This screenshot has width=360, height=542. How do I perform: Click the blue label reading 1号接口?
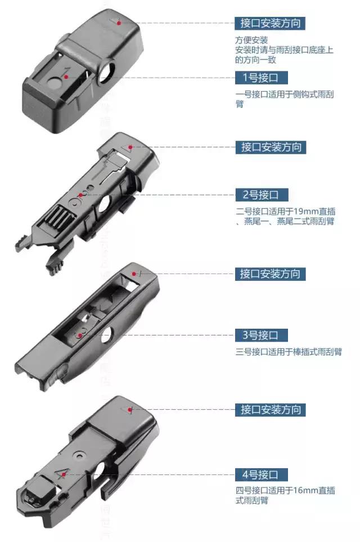coord(261,78)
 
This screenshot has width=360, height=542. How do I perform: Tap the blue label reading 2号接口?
coord(261,195)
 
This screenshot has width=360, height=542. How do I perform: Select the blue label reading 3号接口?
coord(261,335)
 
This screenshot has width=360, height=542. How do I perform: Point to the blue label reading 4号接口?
coord(261,474)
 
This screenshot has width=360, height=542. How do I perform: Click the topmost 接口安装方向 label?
coord(270,23)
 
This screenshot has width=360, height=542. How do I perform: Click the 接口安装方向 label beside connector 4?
coord(271,410)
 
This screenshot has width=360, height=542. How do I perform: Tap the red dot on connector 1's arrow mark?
coord(119,23)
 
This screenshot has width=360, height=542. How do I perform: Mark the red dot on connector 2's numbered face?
coord(80,195)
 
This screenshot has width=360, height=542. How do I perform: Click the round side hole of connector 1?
coord(107,71)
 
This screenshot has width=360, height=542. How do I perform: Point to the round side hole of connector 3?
coord(107,335)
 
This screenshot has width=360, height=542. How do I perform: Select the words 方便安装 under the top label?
coord(251,40)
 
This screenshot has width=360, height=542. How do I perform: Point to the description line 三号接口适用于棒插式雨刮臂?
coord(289,352)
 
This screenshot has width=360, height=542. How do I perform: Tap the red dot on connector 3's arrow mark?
coord(134,274)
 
